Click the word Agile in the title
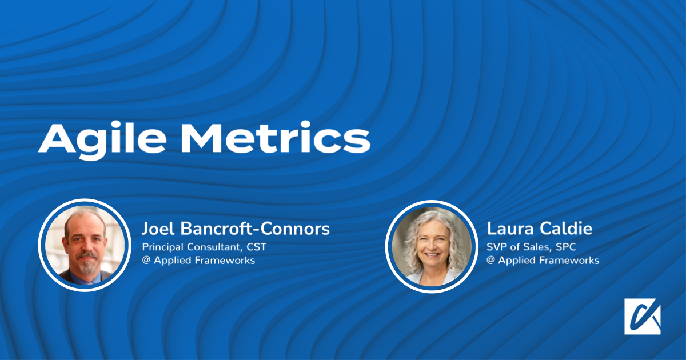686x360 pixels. coord(102,140)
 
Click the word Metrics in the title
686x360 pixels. coord(276,137)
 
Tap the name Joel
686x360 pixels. coord(158,229)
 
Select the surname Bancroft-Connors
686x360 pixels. coord(255,229)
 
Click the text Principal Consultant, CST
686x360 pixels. coord(204,247)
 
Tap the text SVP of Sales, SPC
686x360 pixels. coord(531,247)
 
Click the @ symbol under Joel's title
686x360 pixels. coord(146,261)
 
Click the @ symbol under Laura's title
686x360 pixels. coord(490,261)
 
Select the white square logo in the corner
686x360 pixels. coord(643,316)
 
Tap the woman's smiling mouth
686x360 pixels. coord(432,255)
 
